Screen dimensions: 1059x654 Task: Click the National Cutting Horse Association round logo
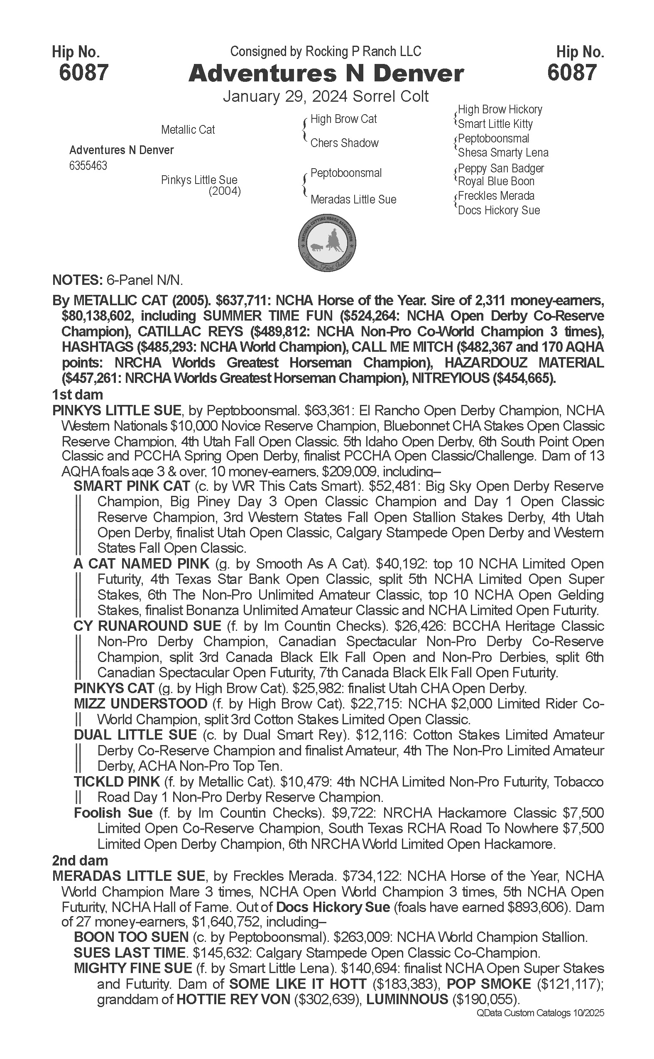pyautogui.click(x=327, y=243)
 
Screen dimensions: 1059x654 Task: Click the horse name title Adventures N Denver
pyautogui.click(x=326, y=74)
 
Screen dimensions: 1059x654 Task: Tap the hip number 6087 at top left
pyautogui.click(x=83, y=72)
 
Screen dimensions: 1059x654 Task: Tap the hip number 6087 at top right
pyautogui.click(x=572, y=72)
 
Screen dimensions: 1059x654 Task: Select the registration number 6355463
pyautogui.click(x=88, y=166)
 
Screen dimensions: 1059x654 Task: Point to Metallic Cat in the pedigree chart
pyautogui.click(x=188, y=130)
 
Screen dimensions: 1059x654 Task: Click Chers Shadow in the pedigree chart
pyautogui.click(x=344, y=143)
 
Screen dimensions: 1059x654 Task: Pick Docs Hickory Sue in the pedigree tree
pyautogui.click(x=499, y=211)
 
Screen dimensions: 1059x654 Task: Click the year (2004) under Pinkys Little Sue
pyautogui.click(x=225, y=191)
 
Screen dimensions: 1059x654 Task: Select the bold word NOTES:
pyautogui.click(x=76, y=280)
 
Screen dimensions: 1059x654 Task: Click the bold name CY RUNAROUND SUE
pyautogui.click(x=147, y=626)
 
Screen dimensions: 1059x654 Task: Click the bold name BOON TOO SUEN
pyautogui.click(x=131, y=937)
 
